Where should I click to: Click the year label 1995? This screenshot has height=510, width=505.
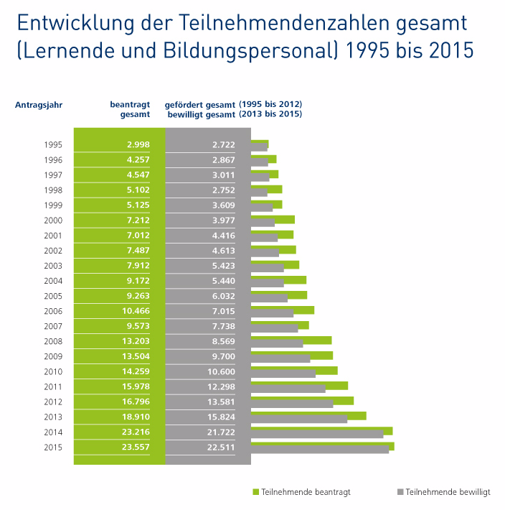[54, 144]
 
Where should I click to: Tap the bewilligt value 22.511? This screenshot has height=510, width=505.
[224, 448]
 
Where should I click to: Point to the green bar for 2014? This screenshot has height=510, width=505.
[321, 430]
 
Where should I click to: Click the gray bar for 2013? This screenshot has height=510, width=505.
[298, 419]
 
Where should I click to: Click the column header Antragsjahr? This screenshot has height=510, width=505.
[39, 105]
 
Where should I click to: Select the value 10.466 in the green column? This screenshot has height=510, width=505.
[136, 311]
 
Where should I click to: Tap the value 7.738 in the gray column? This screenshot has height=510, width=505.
[224, 326]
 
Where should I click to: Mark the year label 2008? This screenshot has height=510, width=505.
[54, 341]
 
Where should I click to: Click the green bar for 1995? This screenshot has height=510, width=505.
[260, 143]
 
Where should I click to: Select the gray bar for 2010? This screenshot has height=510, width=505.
[283, 374]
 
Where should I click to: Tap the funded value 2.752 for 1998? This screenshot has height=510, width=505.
[224, 190]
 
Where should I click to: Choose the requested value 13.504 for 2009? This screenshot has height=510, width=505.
[136, 356]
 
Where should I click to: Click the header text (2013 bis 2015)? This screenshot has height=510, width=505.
[270, 114]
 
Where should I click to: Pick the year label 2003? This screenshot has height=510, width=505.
[54, 266]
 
